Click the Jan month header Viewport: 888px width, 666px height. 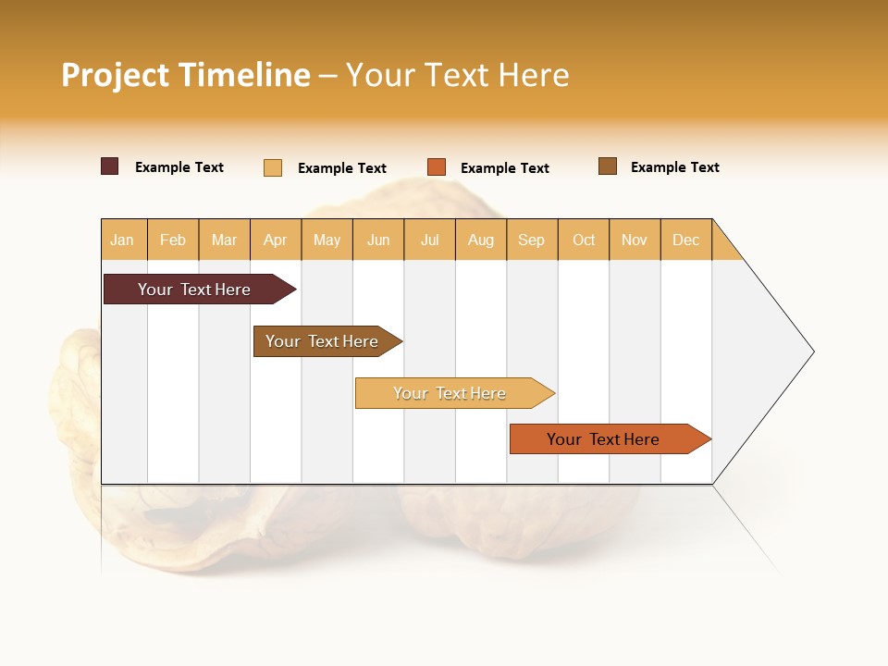tap(122, 240)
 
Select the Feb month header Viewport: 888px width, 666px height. tap(173, 240)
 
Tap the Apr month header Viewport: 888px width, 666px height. tap(275, 240)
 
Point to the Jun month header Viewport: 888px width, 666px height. tap(378, 240)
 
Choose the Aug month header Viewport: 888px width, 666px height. tap(480, 240)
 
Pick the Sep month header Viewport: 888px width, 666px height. tap(531, 240)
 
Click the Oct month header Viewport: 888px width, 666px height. tap(584, 240)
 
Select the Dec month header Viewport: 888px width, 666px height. tap(685, 240)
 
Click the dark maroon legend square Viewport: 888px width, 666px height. tap(110, 166)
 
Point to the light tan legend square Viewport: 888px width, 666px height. tap(273, 167)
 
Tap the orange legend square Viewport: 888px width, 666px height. tap(437, 167)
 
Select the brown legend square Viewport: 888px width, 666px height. tap(608, 166)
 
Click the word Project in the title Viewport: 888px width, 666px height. tap(116, 75)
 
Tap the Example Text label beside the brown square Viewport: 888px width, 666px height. tap(674, 167)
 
